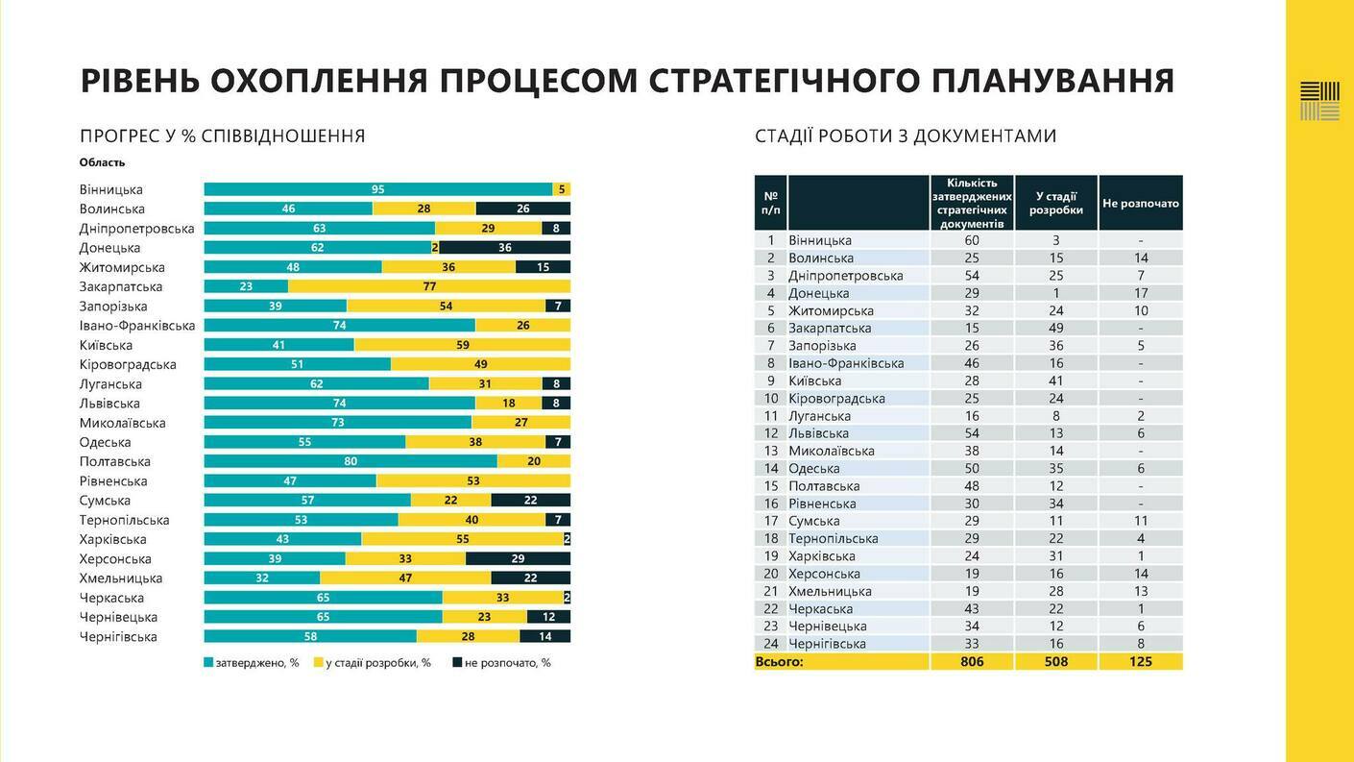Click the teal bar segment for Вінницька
[x=378, y=189]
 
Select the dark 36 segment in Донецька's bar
[x=505, y=248]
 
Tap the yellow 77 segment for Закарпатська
[x=429, y=286]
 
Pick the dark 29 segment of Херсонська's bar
[x=518, y=559]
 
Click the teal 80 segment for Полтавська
[x=351, y=461]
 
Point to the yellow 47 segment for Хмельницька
[x=405, y=578]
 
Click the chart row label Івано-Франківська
[x=137, y=326]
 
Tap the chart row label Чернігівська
[x=119, y=637]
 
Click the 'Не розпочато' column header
[x=1141, y=203]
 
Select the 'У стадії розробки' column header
[x=1056, y=203]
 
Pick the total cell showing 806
[x=972, y=662]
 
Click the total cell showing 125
[x=1141, y=662]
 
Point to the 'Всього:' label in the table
[x=780, y=662]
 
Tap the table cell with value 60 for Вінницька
[x=972, y=240]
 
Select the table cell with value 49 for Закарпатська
[x=1056, y=328]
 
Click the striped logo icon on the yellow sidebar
[x=1319, y=101]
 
